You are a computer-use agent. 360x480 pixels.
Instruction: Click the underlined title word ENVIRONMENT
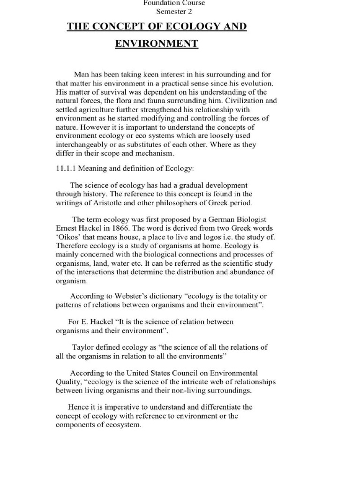coord(157,44)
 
